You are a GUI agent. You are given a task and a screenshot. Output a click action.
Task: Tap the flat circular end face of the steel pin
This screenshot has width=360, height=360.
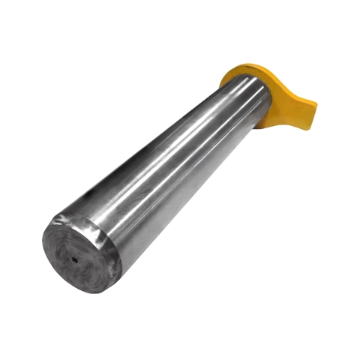click(x=79, y=255)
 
